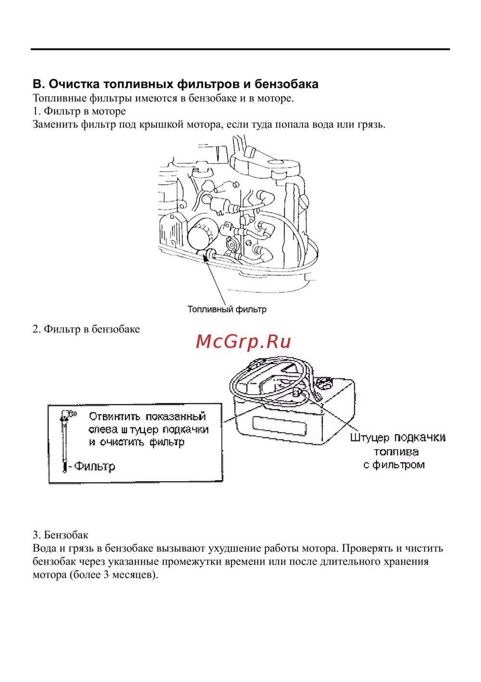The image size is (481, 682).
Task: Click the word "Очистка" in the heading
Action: click(x=74, y=84)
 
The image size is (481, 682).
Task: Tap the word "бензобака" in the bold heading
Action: click(x=286, y=84)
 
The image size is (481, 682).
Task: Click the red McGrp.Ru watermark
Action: click(x=243, y=341)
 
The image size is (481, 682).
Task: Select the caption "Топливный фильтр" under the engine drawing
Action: click(x=227, y=309)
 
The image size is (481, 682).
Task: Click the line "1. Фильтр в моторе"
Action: click(x=79, y=111)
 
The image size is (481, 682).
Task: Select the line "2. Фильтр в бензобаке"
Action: click(x=86, y=329)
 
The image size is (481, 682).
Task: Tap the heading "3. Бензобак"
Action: click(x=61, y=535)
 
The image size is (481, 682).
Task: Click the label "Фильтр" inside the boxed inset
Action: click(x=95, y=466)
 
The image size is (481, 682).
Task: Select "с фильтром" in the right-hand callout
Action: click(x=394, y=465)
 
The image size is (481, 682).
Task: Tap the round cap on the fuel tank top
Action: click(x=325, y=384)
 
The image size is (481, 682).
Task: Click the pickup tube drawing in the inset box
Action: click(x=64, y=440)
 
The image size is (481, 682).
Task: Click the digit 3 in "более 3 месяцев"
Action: click(x=106, y=575)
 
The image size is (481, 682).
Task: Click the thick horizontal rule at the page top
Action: click(x=240, y=49)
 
